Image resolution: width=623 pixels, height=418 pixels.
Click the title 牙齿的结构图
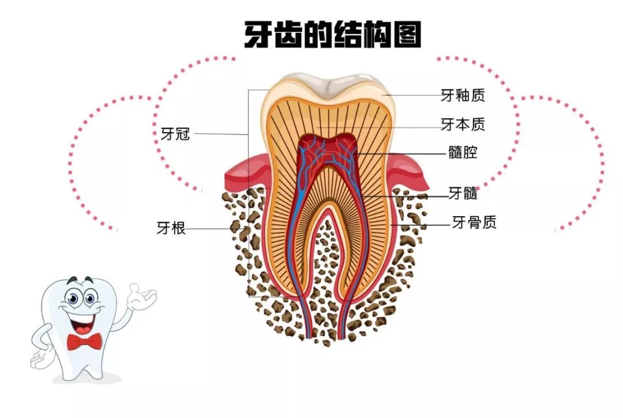point(333,35)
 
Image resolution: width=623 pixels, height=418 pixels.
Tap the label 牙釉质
point(463,95)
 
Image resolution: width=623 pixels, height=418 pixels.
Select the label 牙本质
point(463,125)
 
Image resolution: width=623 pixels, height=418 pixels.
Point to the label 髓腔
point(463,152)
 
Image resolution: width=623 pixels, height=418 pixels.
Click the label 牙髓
point(463,193)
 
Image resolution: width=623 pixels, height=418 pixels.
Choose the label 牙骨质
point(474,223)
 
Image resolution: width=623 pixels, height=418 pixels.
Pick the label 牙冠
point(175,134)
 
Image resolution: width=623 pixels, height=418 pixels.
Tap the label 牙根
point(171,228)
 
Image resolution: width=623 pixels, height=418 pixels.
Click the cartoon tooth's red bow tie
point(84,341)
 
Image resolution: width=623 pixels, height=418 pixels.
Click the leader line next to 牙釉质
point(412,95)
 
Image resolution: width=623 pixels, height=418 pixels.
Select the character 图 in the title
point(406,35)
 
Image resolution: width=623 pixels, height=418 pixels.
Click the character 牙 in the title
point(258,35)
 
